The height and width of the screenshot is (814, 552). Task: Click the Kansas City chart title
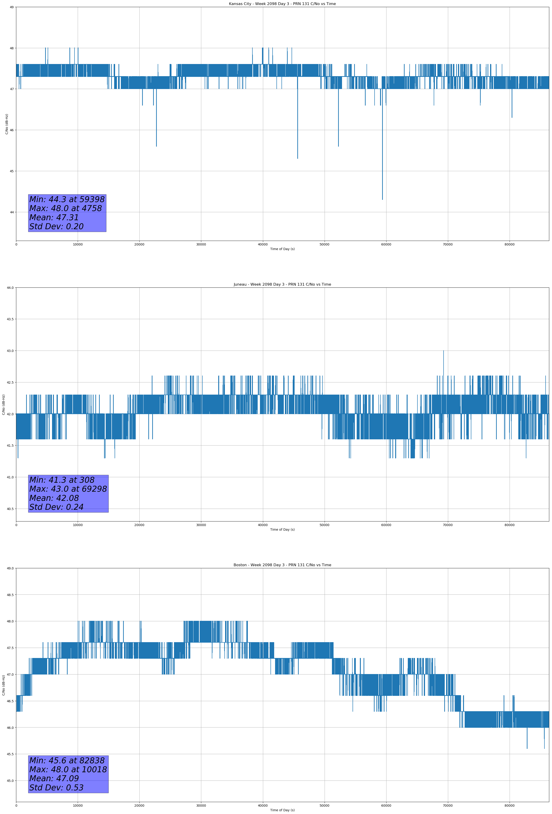pos(282,4)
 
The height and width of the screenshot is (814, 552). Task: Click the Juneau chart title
pos(282,284)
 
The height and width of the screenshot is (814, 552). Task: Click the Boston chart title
pos(282,565)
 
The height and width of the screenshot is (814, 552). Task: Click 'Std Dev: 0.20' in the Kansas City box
pos(56,227)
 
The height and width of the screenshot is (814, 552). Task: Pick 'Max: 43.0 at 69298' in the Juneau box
pos(68,489)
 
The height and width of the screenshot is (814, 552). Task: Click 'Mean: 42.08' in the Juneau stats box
pos(54,498)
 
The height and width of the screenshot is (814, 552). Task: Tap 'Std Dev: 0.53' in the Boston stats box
pos(56,788)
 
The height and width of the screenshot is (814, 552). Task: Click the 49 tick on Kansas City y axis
pos(11,7)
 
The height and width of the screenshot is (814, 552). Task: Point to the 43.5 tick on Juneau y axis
pos(10,319)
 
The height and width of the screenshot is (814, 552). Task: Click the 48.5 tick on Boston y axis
pos(10,595)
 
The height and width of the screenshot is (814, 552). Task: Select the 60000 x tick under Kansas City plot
pos(386,245)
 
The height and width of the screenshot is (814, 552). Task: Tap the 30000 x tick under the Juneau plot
pos(201,525)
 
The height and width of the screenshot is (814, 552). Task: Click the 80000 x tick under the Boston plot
pos(509,806)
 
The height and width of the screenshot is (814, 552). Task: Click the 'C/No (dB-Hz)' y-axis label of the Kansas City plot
pos(7,124)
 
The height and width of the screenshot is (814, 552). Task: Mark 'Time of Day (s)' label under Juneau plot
pos(282,530)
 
